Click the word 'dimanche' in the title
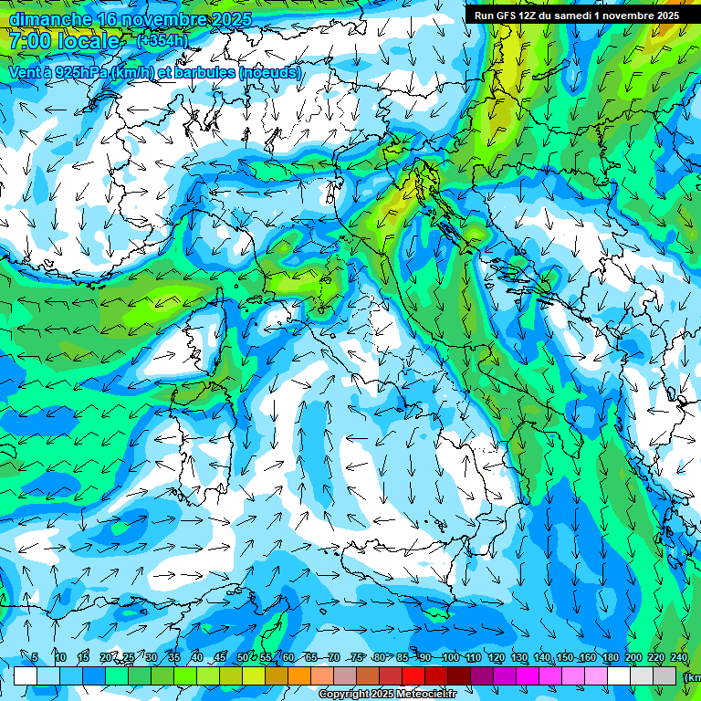point(49,19)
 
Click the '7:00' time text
point(34,41)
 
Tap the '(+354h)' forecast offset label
point(162,41)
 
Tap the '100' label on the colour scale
point(450,657)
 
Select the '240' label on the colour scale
point(678,657)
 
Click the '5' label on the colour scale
point(35,657)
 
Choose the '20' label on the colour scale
point(106,657)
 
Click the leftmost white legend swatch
point(26,675)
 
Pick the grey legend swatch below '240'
point(664,675)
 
